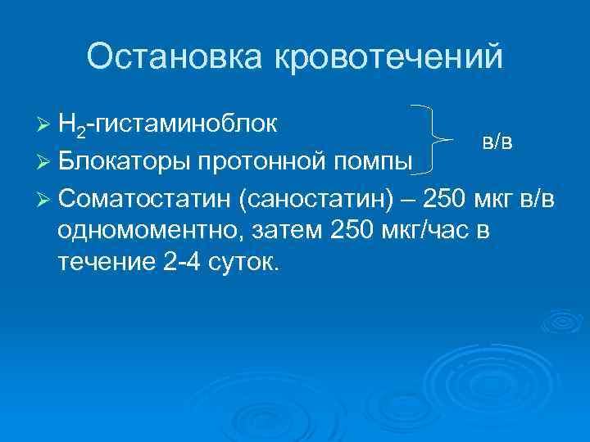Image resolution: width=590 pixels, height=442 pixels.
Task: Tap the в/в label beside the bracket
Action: tap(498, 141)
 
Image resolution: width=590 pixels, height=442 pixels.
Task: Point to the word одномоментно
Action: tap(148, 232)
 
